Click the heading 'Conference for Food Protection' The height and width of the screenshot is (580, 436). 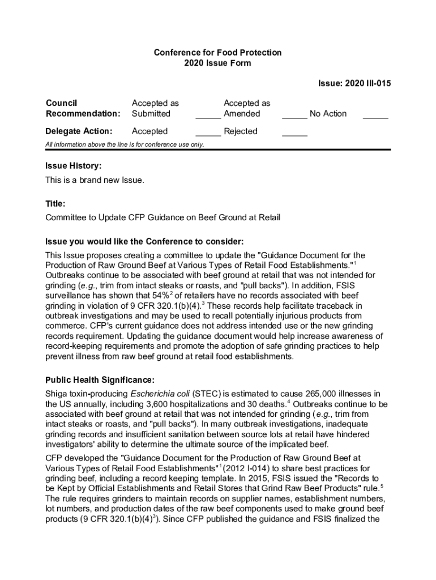click(217, 53)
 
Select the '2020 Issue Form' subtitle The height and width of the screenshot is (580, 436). click(217, 63)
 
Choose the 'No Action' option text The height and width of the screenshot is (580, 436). click(328, 114)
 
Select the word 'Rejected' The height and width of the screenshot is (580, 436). click(241, 131)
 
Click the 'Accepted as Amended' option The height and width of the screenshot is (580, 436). click(246, 108)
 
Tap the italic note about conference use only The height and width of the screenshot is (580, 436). click(125, 144)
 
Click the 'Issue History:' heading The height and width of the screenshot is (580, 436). click(74, 166)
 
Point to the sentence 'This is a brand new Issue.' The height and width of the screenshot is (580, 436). click(95, 181)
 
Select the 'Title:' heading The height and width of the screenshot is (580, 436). click(55, 204)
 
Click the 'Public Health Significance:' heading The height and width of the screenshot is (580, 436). click(100, 379)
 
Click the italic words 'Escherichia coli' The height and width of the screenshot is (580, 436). click(160, 394)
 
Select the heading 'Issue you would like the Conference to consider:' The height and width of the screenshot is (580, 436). click(144, 241)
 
